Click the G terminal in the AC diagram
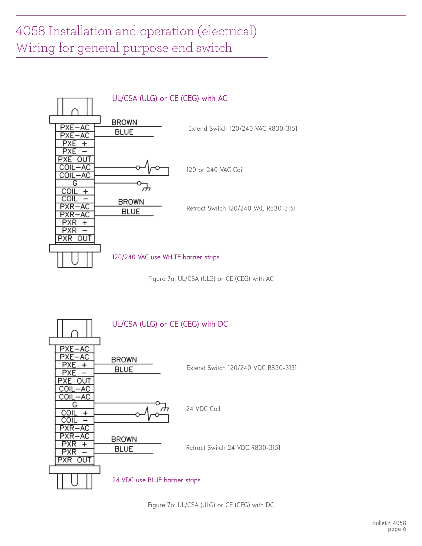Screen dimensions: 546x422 75,183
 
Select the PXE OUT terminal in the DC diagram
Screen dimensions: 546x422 74,381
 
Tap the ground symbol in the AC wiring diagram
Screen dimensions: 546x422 147,189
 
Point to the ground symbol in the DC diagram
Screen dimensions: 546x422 165,409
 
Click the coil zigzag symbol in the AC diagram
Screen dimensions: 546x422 148,167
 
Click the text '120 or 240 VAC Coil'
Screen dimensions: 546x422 215,170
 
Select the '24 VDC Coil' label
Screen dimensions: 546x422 203,409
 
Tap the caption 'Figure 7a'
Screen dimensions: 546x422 211,279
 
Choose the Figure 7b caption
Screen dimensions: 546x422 211,505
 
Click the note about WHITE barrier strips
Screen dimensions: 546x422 166,257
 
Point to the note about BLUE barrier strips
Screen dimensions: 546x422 156,480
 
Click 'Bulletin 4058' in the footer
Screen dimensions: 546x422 389,523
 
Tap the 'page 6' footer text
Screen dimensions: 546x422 397,529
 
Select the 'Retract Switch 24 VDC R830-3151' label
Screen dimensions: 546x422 233,448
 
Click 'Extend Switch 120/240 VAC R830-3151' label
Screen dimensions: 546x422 243,129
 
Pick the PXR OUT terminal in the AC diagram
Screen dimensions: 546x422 75,238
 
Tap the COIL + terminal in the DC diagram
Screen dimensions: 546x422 74,413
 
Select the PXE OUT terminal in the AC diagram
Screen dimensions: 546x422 75,159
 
